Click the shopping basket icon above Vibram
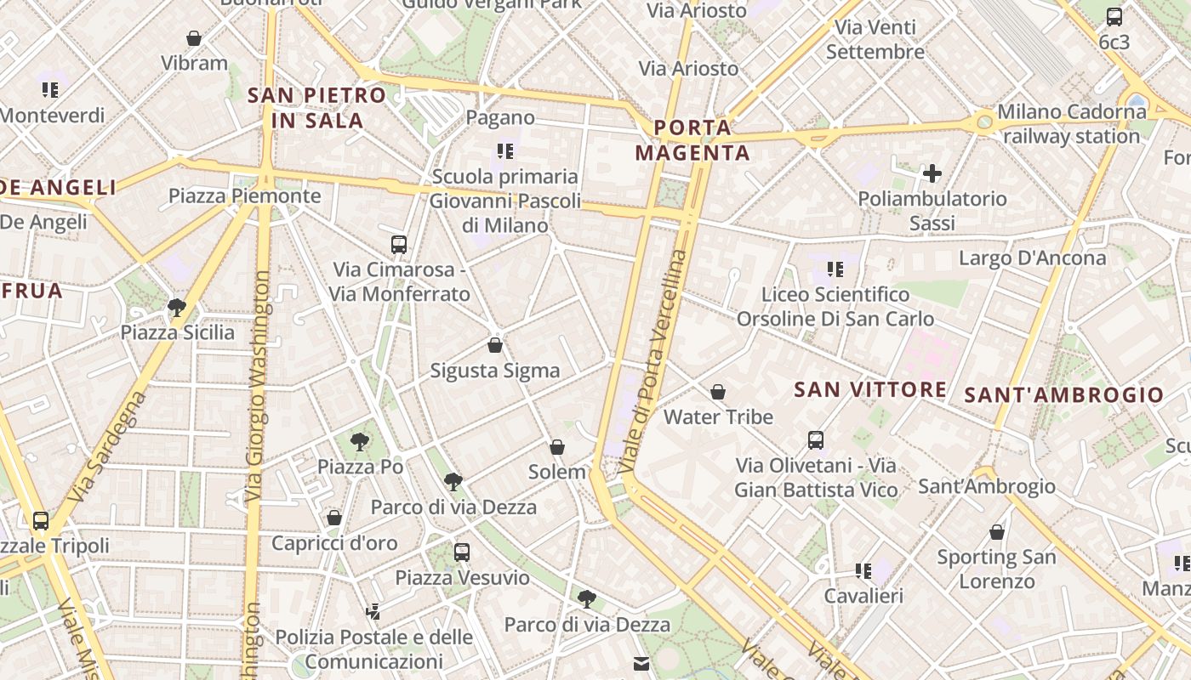tap(194, 38)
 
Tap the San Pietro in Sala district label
tap(316, 108)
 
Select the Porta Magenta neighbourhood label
tap(692, 141)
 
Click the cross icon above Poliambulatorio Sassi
tap(932, 174)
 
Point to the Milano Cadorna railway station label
tap(1071, 124)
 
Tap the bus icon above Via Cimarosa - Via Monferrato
tap(399, 245)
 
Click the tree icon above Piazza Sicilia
tap(177, 307)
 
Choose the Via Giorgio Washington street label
tap(258, 387)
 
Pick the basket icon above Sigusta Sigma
tap(495, 345)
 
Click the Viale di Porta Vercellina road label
tap(652, 361)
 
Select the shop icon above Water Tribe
tap(718, 392)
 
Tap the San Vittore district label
tap(869, 390)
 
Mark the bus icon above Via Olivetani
tap(816, 440)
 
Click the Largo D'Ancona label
tap(1032, 258)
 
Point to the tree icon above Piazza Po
tap(360, 441)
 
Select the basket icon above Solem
tap(557, 447)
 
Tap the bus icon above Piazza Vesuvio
tap(462, 552)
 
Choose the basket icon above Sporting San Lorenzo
tap(997, 533)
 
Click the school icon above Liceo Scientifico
tap(835, 269)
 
